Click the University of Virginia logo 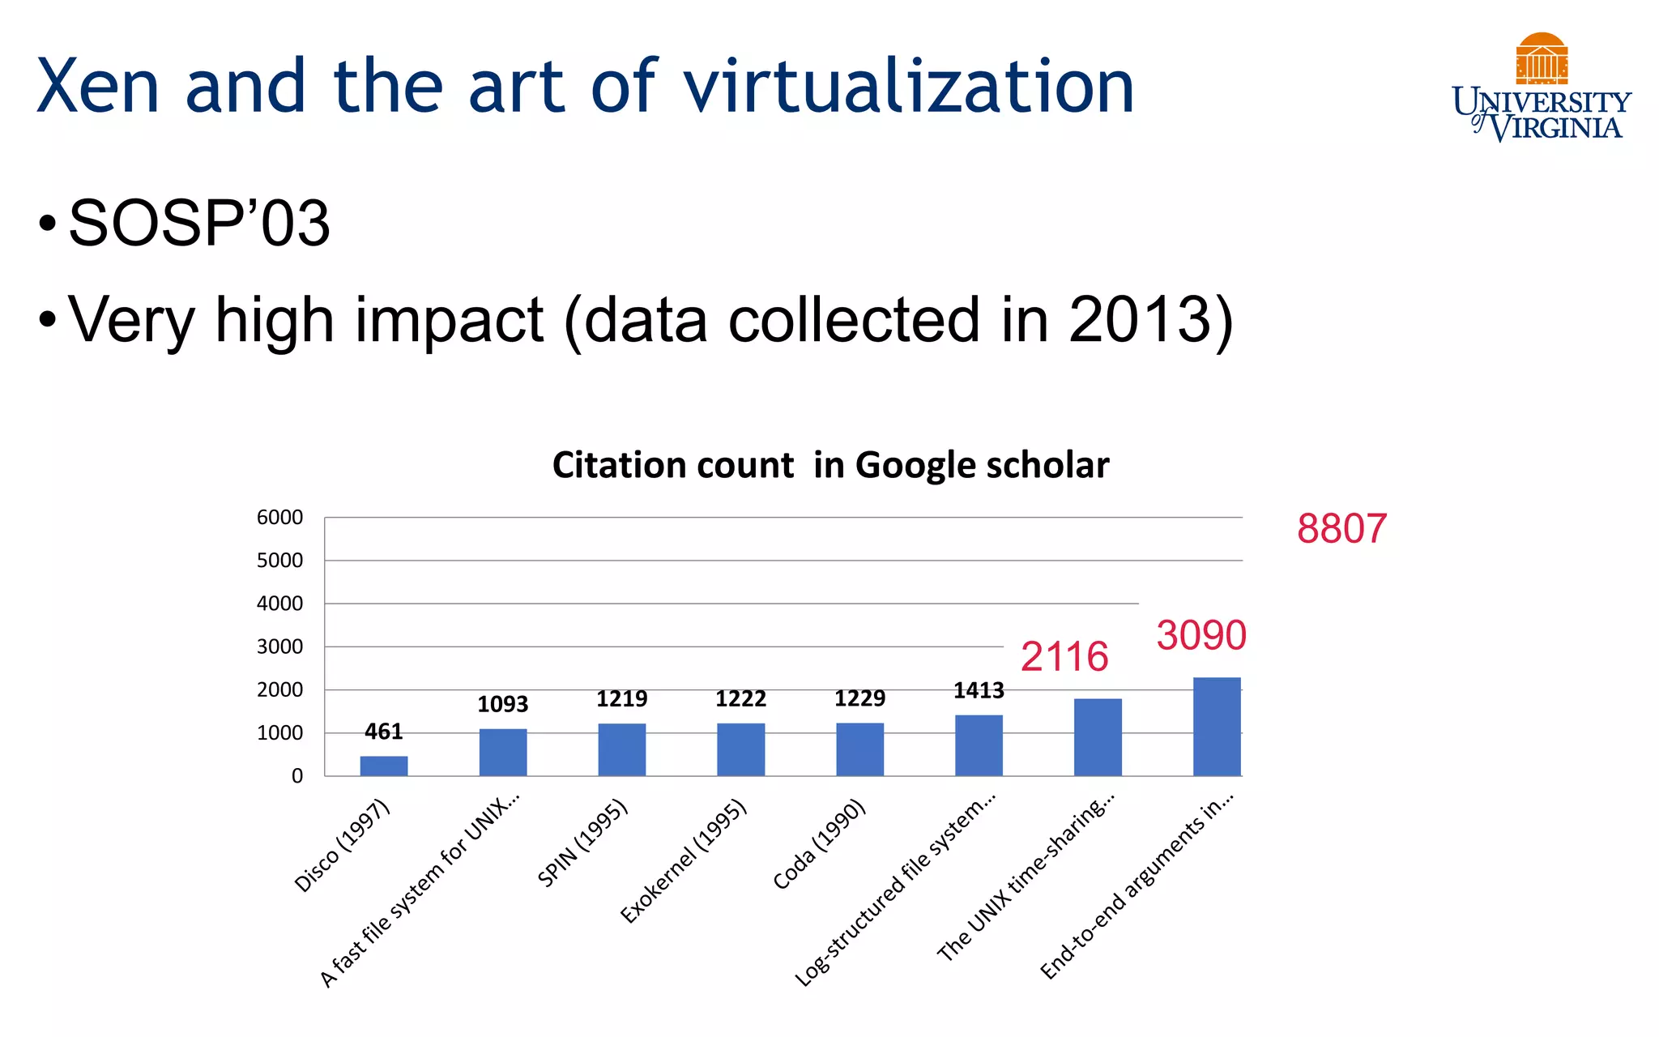point(1541,87)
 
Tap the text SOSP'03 point(199,223)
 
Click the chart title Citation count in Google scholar point(830,465)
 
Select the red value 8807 point(1341,529)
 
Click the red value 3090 point(1201,635)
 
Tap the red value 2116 point(1064,656)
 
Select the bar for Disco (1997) point(384,766)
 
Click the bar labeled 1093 point(503,752)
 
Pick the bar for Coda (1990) point(859,749)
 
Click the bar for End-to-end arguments point(1217,727)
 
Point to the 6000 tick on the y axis point(279,518)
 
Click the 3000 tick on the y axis point(279,647)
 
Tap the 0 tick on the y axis point(296,776)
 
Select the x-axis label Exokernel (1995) point(683,861)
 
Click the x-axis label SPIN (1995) point(582,843)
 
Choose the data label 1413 point(979,691)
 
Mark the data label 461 point(383,732)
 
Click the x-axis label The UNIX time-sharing point(1026,877)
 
